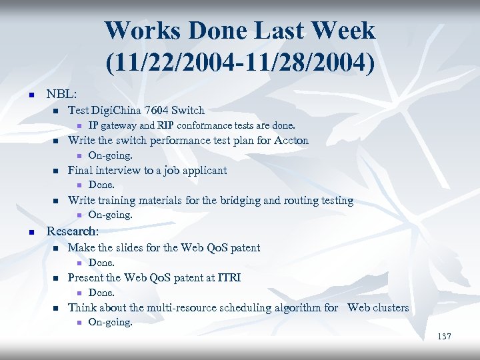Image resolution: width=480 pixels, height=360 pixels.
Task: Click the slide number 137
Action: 444,337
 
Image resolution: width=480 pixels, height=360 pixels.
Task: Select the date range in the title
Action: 240,63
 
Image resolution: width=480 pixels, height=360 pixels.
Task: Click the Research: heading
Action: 72,231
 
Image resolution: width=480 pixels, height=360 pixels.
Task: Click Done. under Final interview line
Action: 101,185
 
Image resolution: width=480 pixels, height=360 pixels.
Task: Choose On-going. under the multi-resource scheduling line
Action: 110,323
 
